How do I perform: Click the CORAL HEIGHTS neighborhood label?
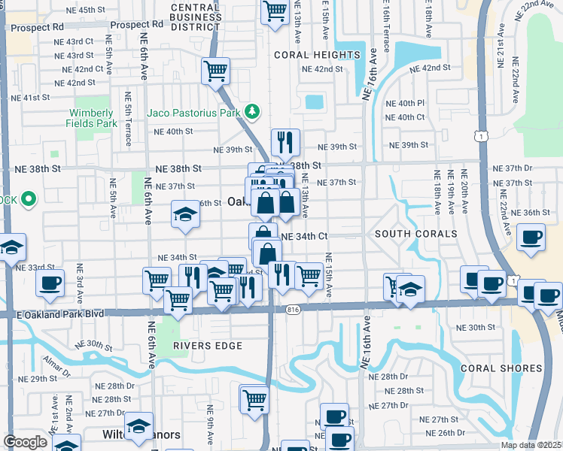pos(317,55)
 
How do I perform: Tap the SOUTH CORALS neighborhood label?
pos(415,234)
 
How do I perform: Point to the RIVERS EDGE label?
pos(208,346)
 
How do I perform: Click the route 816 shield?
pos(294,309)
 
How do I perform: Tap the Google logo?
pos(25,442)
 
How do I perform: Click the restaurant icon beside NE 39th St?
pos(285,141)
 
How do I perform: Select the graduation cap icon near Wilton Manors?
pos(138,425)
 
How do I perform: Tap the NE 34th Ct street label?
pos(304,236)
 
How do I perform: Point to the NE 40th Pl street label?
pos(406,103)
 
